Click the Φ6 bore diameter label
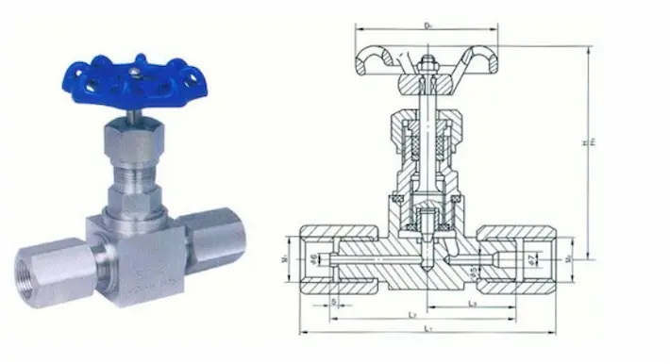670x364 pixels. [x=313, y=257]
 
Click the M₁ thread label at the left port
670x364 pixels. [x=288, y=256]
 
